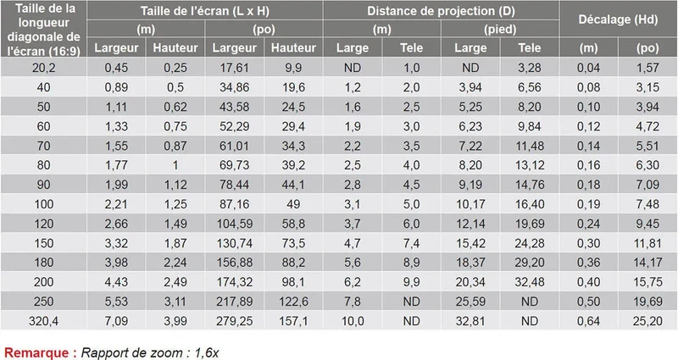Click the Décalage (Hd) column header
[x=618, y=19]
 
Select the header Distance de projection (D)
[x=441, y=11]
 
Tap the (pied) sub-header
[x=500, y=30]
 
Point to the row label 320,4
[x=44, y=321]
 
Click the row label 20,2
[x=44, y=68]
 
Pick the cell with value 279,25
[x=235, y=321]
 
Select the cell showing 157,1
[x=293, y=321]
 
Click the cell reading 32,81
[x=470, y=321]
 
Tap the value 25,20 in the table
[x=647, y=321]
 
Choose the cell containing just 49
[x=293, y=204]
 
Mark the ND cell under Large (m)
[x=353, y=68]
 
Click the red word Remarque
[x=36, y=352]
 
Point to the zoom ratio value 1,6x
[x=206, y=352]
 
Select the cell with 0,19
[x=588, y=204]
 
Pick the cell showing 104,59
[x=235, y=224]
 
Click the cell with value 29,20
[x=529, y=263]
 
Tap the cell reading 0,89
[x=116, y=87]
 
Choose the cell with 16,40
[x=529, y=204]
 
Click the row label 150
[x=44, y=243]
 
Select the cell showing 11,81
[x=647, y=243]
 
